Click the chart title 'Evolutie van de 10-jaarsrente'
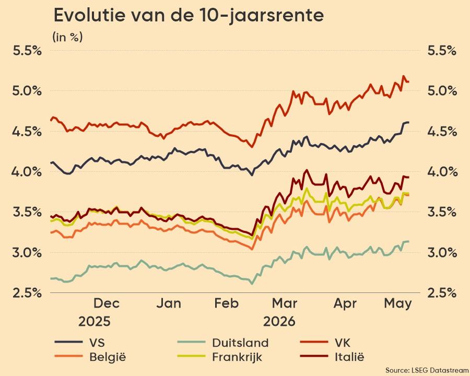click(x=189, y=16)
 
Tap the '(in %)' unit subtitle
click(x=67, y=37)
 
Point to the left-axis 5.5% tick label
click(x=27, y=51)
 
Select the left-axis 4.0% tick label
click(x=27, y=172)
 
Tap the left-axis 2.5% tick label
click(x=27, y=292)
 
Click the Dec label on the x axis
click(x=107, y=303)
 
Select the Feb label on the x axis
click(x=227, y=303)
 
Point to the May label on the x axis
click(x=398, y=304)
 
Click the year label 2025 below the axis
click(x=95, y=322)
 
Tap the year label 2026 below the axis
click(x=279, y=322)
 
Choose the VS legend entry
click(x=80, y=343)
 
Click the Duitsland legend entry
click(x=222, y=343)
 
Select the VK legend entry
click(x=325, y=343)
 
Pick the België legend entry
click(x=90, y=357)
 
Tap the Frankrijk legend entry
click(x=219, y=357)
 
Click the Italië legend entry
click(x=332, y=357)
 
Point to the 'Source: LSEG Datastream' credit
click(x=427, y=370)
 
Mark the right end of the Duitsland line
click(x=409, y=241)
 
